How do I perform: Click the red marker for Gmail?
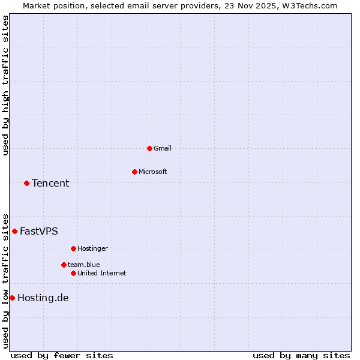coord(149,148)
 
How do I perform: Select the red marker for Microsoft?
coord(134,172)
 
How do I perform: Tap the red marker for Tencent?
coord(26,183)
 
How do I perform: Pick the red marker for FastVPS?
coord(14,231)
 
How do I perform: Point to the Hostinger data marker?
coord(73,248)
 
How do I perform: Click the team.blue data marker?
coord(64,265)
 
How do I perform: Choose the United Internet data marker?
coord(73,273)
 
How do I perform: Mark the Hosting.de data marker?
coord(12,298)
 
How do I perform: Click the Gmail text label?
coord(162,148)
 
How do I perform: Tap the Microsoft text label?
coord(152,172)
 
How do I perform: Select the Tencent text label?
coord(50,183)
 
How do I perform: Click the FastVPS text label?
coord(39,231)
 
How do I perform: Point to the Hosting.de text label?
coord(43,298)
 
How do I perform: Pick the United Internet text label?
coord(101,273)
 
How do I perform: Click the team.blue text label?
coord(83,265)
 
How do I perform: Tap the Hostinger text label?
coord(92,248)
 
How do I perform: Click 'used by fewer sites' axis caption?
coord(62,355)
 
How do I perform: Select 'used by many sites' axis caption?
coord(301,355)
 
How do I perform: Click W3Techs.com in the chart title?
coord(308,5)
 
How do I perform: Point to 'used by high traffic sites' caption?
coord(5,86)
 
